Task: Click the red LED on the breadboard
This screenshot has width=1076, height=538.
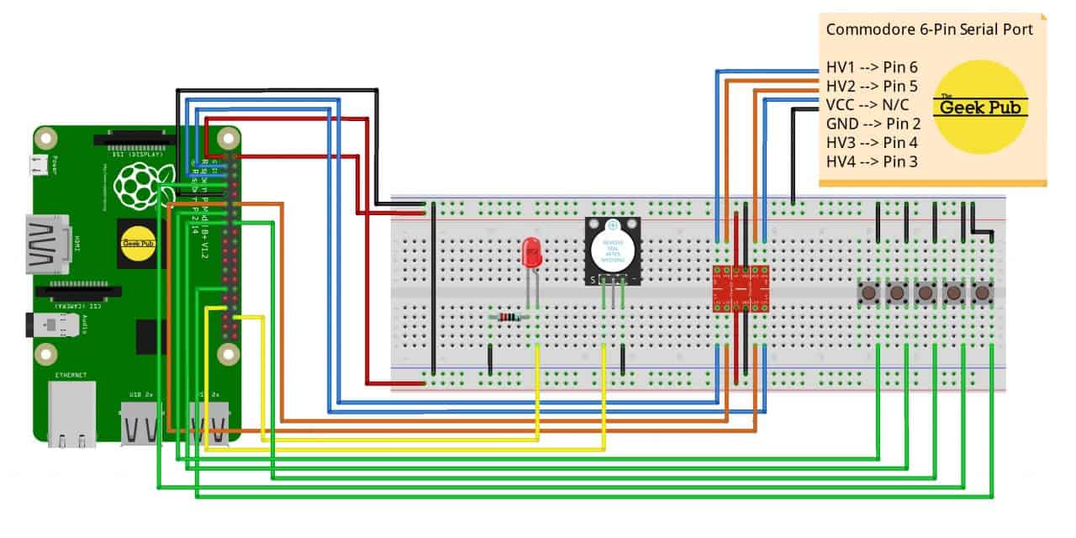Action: click(x=531, y=252)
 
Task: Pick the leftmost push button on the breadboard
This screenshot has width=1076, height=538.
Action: click(x=868, y=293)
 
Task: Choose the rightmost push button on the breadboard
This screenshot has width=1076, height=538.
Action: click(x=981, y=293)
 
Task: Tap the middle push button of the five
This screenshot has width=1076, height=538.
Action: click(x=925, y=293)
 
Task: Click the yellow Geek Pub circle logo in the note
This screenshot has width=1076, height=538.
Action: click(x=981, y=106)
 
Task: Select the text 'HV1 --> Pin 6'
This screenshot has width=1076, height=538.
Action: click(x=871, y=67)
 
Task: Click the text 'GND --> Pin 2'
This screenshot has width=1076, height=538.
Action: click(x=871, y=124)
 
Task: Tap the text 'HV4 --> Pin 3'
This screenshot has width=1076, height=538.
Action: click(x=871, y=161)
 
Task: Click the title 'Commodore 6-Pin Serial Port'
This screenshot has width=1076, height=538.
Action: click(x=930, y=29)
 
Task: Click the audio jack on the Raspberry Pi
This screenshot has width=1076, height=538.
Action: click(x=46, y=326)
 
